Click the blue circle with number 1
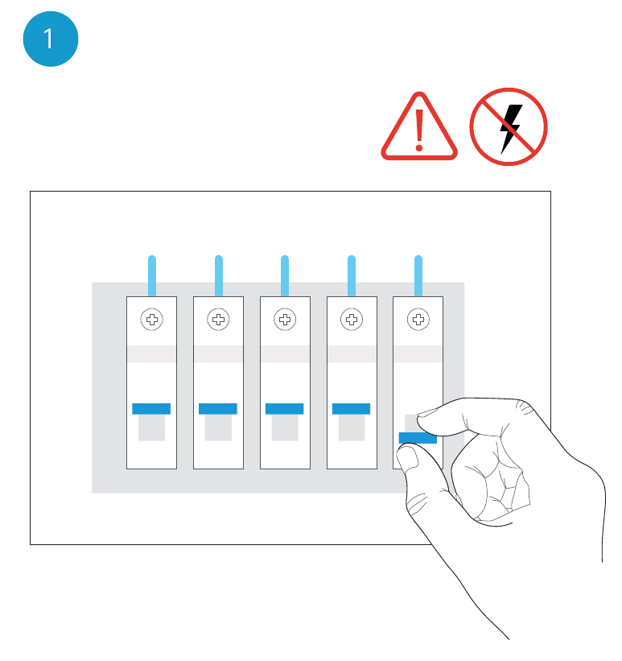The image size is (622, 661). point(51,39)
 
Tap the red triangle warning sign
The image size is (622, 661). point(419,126)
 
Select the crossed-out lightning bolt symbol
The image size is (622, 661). point(509,126)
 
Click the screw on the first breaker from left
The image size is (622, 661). point(152,320)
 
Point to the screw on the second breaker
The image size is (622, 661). point(218,320)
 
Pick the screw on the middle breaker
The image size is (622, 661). point(285,320)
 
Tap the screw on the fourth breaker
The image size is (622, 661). point(352,320)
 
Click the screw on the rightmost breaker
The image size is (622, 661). point(418,320)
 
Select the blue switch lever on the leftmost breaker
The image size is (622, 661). point(151,408)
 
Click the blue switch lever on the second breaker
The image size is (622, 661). point(218,408)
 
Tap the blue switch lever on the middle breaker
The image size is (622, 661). point(285,408)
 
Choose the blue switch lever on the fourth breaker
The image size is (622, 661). point(351,408)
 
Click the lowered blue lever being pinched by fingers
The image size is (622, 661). point(418,438)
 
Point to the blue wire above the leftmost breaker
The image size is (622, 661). point(152,275)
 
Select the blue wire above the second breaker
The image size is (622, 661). point(219,275)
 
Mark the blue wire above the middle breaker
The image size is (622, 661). point(285,275)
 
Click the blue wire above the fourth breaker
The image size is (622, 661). point(352,275)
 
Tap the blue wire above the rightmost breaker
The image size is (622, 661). point(418,275)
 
